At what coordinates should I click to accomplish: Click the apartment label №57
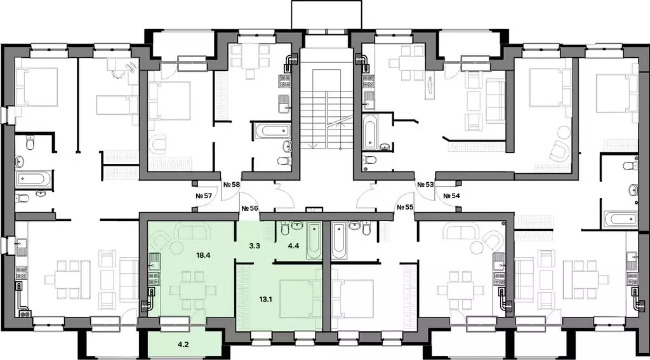(204, 196)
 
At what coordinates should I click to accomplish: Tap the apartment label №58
(231, 185)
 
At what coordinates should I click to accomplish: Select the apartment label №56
(249, 208)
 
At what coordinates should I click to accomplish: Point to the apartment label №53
(425, 185)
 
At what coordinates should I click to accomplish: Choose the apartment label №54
(451, 196)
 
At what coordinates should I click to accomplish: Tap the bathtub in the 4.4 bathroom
(313, 241)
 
